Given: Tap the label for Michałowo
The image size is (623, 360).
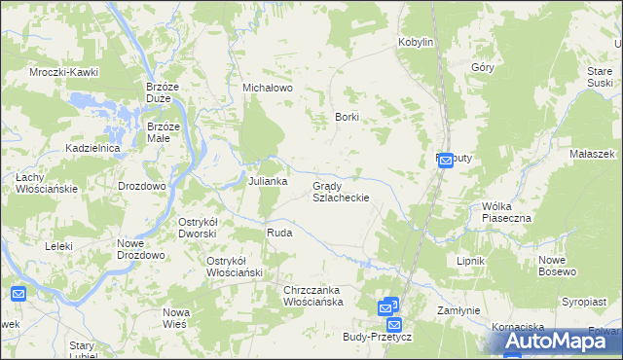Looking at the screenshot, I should (268, 88).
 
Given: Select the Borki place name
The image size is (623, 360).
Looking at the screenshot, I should (348, 117).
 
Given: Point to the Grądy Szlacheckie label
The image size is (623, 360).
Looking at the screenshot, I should (340, 191).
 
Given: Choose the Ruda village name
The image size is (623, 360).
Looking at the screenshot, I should (279, 234).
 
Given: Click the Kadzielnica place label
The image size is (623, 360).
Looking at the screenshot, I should (92, 148).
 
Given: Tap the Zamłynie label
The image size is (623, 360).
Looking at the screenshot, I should (458, 310).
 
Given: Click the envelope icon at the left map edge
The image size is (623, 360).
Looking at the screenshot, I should (18, 293).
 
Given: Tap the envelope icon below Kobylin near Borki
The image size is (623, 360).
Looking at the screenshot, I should (445, 162).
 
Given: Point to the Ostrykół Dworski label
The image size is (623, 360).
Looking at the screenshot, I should (202, 228).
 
